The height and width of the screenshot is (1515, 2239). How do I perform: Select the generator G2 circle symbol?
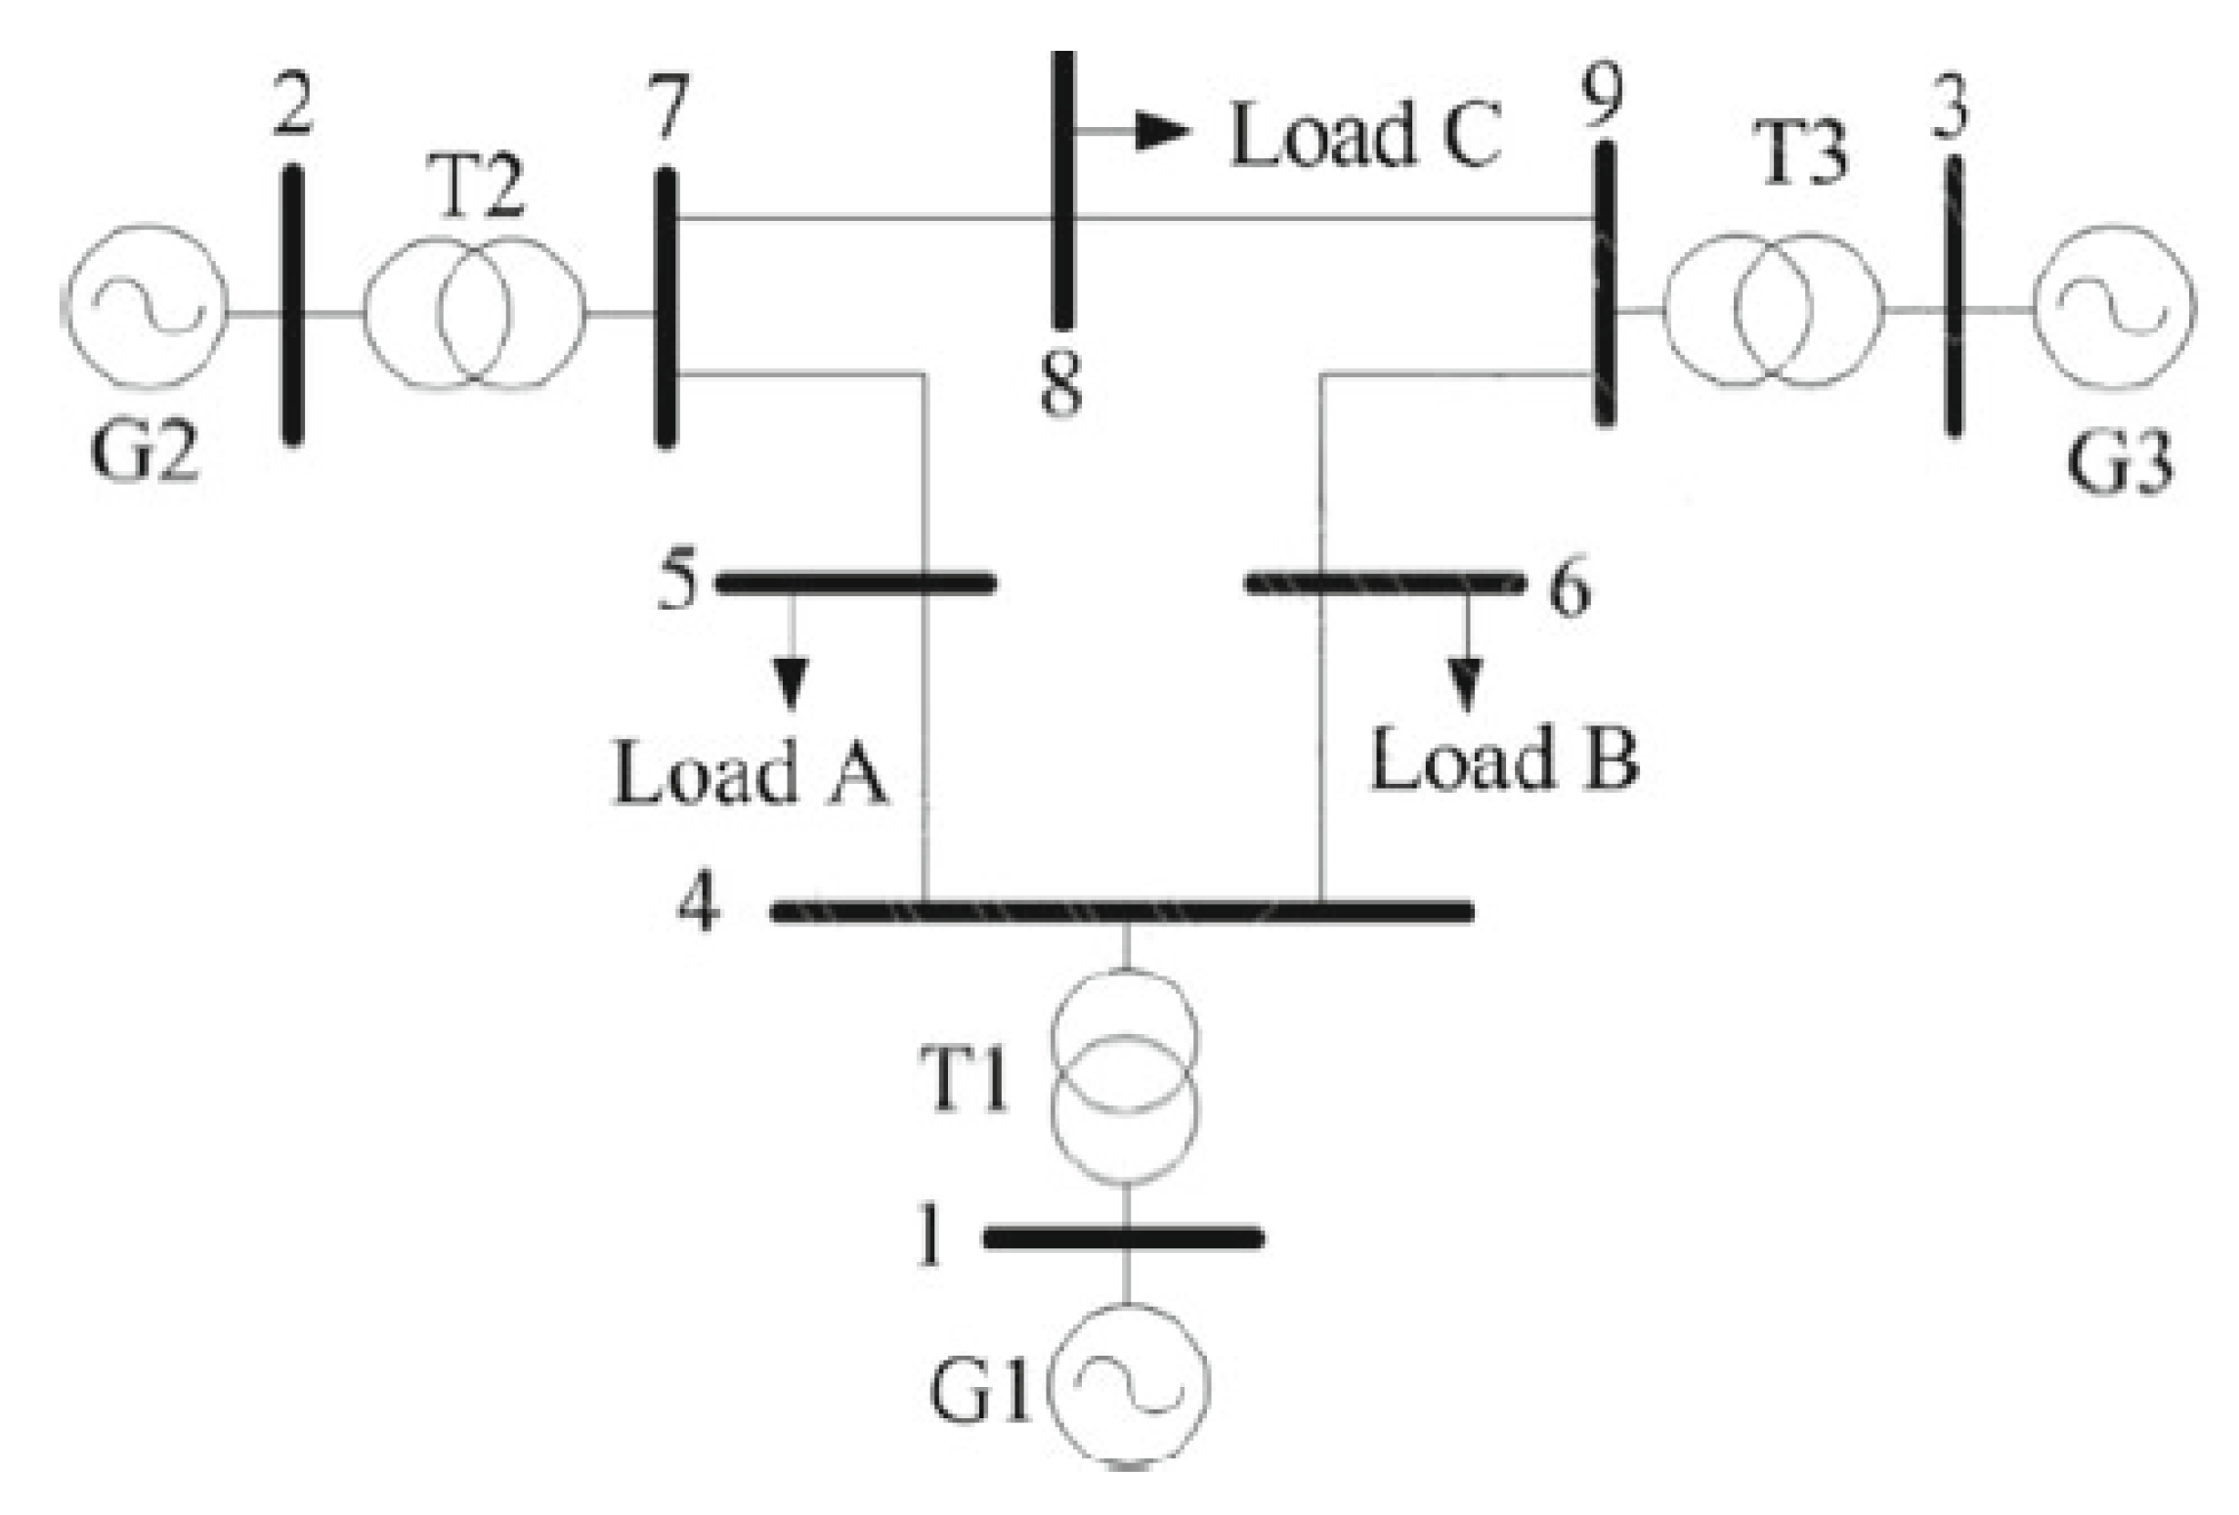pos(147,305)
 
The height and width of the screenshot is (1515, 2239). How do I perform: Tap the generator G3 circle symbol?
pos(2114,307)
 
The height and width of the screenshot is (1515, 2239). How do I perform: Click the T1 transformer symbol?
pos(1124,1075)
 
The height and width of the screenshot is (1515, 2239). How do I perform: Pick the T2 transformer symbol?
pos(475,313)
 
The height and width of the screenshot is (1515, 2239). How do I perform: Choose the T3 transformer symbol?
pos(1773,310)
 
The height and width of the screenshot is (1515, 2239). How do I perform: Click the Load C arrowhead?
pos(1163,130)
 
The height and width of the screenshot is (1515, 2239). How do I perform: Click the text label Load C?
pos(1364,135)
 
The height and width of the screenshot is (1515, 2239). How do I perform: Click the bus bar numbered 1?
pos(1124,1238)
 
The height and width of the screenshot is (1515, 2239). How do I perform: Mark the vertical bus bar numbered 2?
pos(292,305)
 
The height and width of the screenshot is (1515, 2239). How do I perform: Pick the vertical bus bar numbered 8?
pos(1062,191)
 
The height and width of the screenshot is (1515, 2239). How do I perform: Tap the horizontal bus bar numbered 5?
pos(856,584)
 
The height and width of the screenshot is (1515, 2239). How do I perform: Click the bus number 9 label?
pos(1604,95)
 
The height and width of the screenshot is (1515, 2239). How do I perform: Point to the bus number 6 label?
pos(1570,588)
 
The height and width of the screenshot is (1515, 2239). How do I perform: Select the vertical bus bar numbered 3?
pos(1953,296)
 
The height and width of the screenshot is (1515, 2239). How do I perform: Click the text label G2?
pos(145,452)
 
